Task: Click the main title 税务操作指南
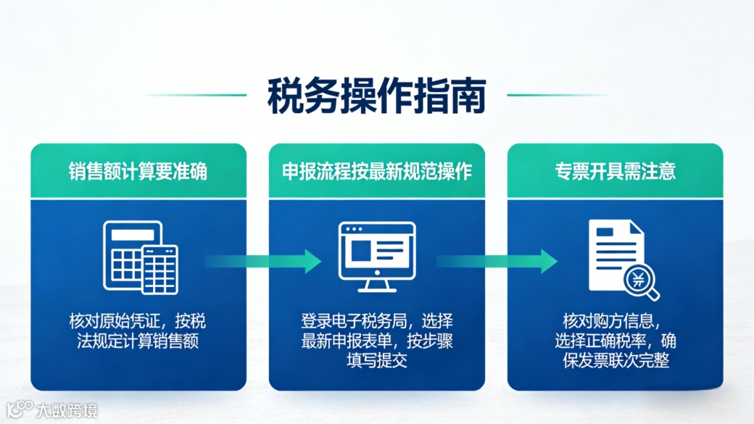[x=376, y=96]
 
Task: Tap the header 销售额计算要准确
[x=138, y=172]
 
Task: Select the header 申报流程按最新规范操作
[x=376, y=172]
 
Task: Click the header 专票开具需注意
[x=615, y=172]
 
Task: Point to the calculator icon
[x=140, y=257]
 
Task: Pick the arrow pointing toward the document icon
[x=496, y=261]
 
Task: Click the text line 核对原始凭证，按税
[x=138, y=322]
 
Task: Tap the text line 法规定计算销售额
[x=138, y=342]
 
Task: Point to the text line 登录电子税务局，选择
[x=376, y=322]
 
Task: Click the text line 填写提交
[x=376, y=361]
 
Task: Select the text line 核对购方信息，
[x=614, y=322]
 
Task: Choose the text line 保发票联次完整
[x=614, y=361]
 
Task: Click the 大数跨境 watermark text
[x=68, y=409]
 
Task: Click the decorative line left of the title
[x=196, y=95]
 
